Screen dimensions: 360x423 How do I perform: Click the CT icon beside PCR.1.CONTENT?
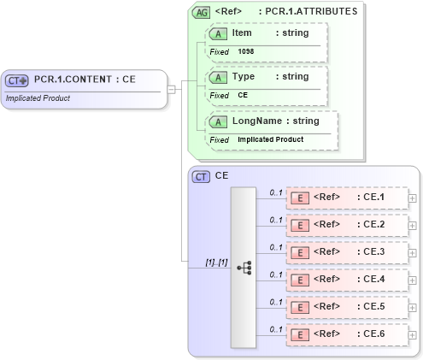17,80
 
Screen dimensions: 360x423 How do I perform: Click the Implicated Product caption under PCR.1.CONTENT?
38,98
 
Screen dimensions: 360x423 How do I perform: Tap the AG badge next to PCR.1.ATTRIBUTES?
202,12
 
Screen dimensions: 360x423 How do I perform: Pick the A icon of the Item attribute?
218,32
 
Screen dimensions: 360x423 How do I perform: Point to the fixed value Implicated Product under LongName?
270,139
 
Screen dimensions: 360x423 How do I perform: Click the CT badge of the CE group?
202,177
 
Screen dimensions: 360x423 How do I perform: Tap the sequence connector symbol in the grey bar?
244,267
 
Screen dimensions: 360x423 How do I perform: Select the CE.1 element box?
346,198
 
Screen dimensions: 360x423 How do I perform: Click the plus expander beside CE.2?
413,226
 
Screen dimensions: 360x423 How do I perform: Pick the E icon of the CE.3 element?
300,252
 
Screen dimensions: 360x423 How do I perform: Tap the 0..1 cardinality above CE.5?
275,302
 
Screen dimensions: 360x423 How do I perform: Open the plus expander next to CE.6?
413,335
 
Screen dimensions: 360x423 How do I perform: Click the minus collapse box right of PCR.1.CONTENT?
172,88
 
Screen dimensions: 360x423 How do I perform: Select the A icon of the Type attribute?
218,77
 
